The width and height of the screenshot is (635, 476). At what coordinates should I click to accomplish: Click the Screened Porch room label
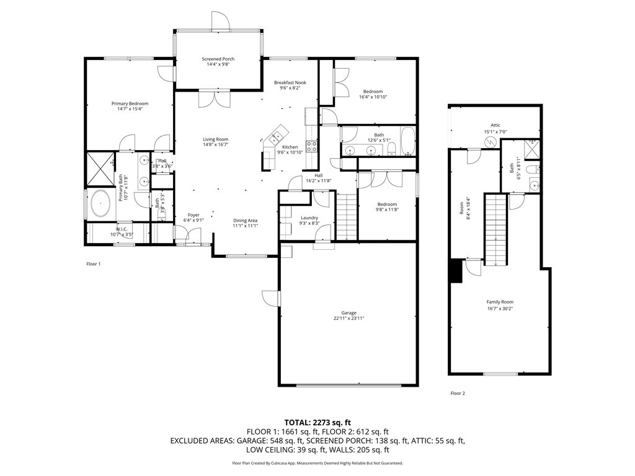coord(218,59)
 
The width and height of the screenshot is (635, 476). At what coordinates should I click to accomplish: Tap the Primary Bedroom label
coord(130,104)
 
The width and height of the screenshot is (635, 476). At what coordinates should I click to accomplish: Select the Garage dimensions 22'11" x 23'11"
coord(348,319)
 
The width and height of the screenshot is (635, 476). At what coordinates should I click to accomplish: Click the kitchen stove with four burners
coord(311,147)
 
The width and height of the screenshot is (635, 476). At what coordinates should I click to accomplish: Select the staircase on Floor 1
coord(347,216)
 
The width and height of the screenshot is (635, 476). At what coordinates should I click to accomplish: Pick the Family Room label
coord(500,302)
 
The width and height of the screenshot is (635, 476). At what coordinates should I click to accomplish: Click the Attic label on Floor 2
coord(495,125)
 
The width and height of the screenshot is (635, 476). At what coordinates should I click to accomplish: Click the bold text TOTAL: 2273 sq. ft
coord(317,421)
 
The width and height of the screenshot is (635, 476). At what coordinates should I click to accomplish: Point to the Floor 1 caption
coord(93,264)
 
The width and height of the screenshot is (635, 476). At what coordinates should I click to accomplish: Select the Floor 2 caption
coord(457,393)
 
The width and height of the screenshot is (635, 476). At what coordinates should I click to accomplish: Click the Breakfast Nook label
coord(290,82)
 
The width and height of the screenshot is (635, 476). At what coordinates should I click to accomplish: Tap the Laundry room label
coord(309,218)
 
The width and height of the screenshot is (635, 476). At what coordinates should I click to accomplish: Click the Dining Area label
coord(245,221)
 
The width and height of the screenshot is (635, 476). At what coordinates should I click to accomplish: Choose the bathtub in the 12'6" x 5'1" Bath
coord(407,141)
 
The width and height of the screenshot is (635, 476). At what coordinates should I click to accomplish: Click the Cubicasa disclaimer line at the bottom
coord(317,463)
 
